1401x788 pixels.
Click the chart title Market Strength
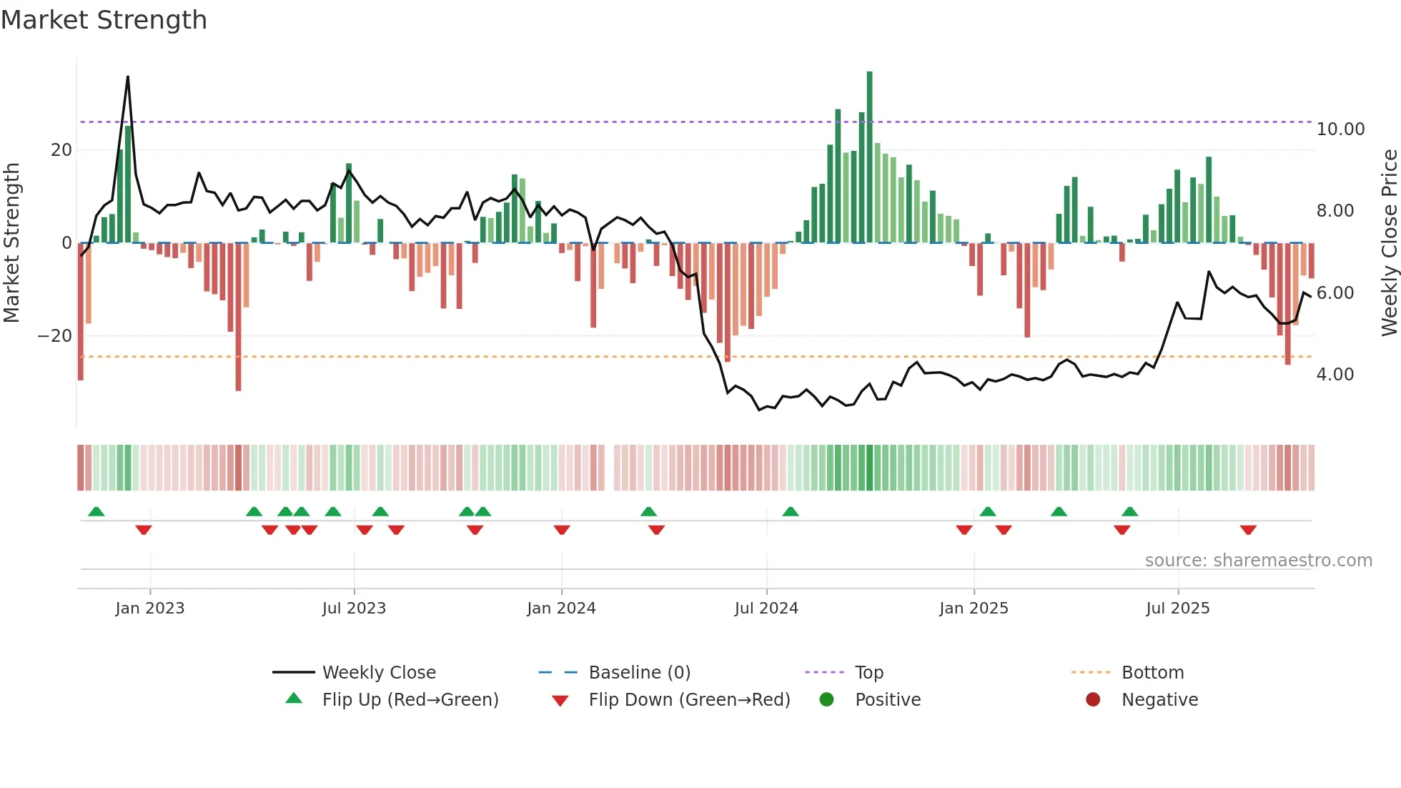pyautogui.click(x=104, y=20)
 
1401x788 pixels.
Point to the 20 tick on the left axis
pyautogui.click(x=61, y=150)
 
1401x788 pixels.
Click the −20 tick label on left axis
pyautogui.click(x=55, y=336)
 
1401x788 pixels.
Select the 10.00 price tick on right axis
pyautogui.click(x=1340, y=129)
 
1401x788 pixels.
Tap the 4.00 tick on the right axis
pyautogui.click(x=1335, y=375)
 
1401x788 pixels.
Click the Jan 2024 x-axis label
pyautogui.click(x=561, y=609)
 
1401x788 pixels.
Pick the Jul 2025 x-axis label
pyautogui.click(x=1177, y=609)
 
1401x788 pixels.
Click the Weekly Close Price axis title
pyautogui.click(x=1389, y=243)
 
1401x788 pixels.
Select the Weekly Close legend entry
pyautogui.click(x=378, y=673)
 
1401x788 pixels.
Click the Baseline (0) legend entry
pyautogui.click(x=639, y=673)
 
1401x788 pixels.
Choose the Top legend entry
pyautogui.click(x=868, y=673)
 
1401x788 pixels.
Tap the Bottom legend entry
pyautogui.click(x=1152, y=673)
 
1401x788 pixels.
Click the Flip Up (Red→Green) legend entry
pyautogui.click(x=410, y=700)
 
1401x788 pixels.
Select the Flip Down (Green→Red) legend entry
pyautogui.click(x=688, y=700)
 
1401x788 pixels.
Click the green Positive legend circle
pyautogui.click(x=827, y=700)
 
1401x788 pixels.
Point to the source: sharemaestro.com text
pyautogui.click(x=1258, y=561)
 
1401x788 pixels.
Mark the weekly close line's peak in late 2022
pyautogui.click(x=128, y=77)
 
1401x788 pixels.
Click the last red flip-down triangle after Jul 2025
pyautogui.click(x=1248, y=530)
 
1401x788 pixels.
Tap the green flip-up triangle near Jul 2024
pyautogui.click(x=790, y=511)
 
